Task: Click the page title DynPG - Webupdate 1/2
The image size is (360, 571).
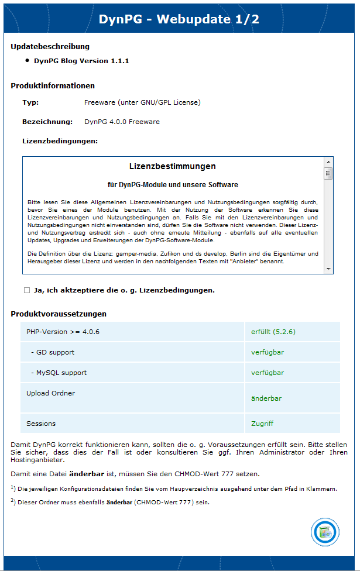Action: click(x=179, y=19)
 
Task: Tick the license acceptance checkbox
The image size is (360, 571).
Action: click(x=27, y=290)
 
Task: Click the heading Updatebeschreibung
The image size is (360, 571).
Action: click(x=50, y=46)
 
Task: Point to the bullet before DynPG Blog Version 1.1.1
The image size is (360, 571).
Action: click(x=27, y=60)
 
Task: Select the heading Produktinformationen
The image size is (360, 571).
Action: click(x=53, y=85)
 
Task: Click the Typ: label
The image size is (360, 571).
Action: click(x=30, y=102)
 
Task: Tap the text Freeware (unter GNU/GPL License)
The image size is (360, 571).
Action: click(x=142, y=102)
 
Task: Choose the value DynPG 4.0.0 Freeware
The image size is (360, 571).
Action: click(x=122, y=122)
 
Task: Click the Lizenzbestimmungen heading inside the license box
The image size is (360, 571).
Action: click(x=172, y=166)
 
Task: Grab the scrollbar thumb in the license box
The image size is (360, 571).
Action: click(x=328, y=173)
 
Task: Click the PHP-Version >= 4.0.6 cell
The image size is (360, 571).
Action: click(x=63, y=332)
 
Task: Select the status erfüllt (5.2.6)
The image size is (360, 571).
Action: click(x=273, y=332)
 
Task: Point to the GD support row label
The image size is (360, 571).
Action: click(x=53, y=352)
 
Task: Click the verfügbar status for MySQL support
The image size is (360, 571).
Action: click(x=268, y=373)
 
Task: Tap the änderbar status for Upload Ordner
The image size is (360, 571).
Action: click(x=266, y=398)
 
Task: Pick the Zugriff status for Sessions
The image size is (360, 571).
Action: click(x=262, y=424)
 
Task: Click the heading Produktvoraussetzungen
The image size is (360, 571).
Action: click(x=59, y=314)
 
